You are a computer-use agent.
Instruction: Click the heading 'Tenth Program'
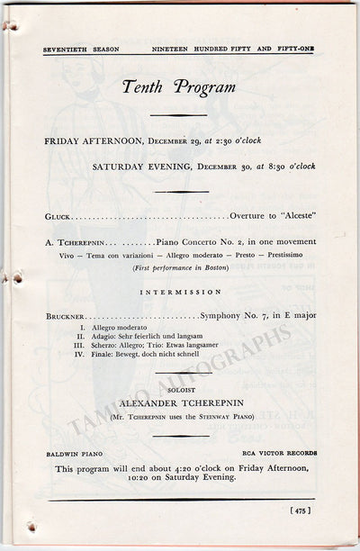pyautogui.click(x=179, y=87)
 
